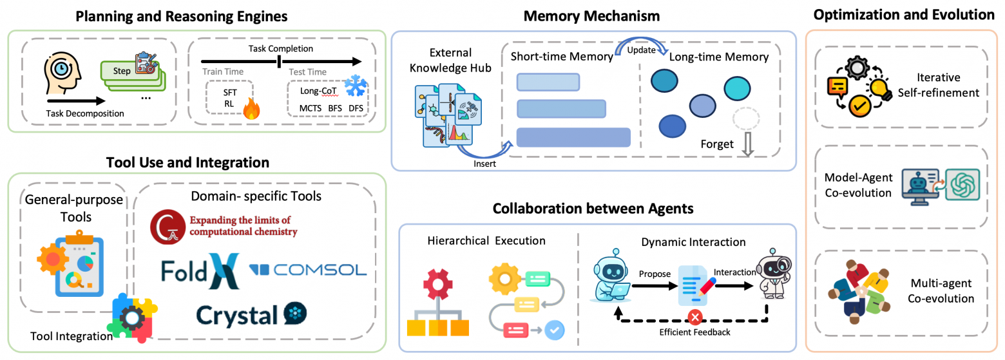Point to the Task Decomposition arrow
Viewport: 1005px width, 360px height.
click(76, 100)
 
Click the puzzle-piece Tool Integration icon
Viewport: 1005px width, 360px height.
click(133, 317)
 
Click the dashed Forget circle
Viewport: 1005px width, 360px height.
click(747, 120)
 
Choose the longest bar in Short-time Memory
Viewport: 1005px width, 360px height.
click(573, 137)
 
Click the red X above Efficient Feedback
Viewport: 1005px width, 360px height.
click(694, 317)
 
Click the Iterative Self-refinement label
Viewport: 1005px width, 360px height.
click(938, 85)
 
